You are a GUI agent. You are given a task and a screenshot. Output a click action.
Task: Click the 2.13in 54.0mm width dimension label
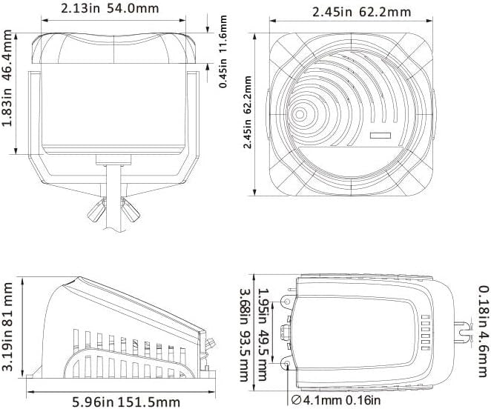(110, 8)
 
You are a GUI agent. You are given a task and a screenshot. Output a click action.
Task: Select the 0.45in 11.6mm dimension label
(223, 52)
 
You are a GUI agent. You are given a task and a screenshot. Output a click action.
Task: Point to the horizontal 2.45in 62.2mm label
(362, 12)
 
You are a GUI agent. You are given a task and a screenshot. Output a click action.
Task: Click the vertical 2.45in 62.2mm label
(248, 112)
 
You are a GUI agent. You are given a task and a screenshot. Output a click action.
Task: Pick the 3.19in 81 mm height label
(7, 327)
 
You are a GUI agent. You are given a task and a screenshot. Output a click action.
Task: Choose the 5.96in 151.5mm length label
(126, 402)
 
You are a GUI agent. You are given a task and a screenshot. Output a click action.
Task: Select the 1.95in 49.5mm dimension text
(263, 335)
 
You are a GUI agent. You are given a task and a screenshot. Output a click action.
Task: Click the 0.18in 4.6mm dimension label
(484, 332)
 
